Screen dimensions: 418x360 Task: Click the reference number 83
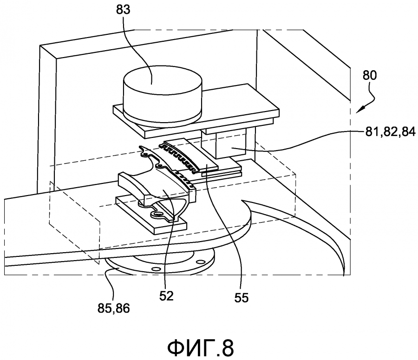coord(123,10)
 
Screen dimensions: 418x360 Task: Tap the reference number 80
coord(370,75)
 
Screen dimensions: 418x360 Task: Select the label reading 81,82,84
coord(390,132)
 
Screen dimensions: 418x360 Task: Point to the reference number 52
coord(166,296)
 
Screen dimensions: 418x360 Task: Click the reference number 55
coord(241,297)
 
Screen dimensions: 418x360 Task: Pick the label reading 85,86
coord(114,308)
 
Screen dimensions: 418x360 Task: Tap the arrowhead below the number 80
coord(359,109)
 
